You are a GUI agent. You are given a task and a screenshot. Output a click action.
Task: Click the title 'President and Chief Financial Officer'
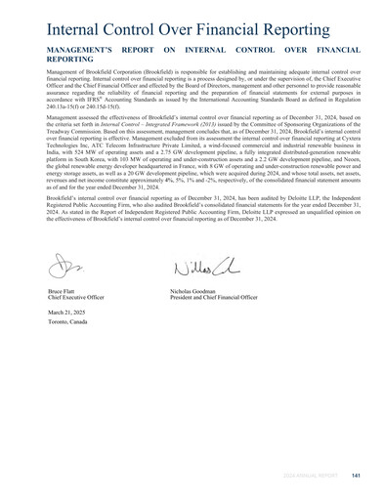[216, 298]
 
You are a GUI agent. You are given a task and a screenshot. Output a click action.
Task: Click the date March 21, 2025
[67, 312]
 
